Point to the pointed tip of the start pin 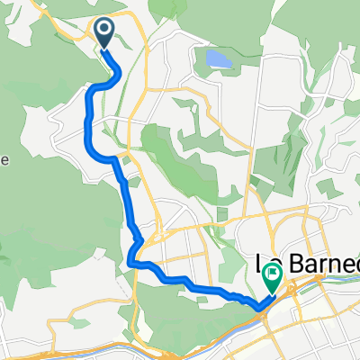(x=105, y=49)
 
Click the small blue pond (x=218, y=60)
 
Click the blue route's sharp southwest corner (x=131, y=262)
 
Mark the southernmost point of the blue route (x=260, y=309)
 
